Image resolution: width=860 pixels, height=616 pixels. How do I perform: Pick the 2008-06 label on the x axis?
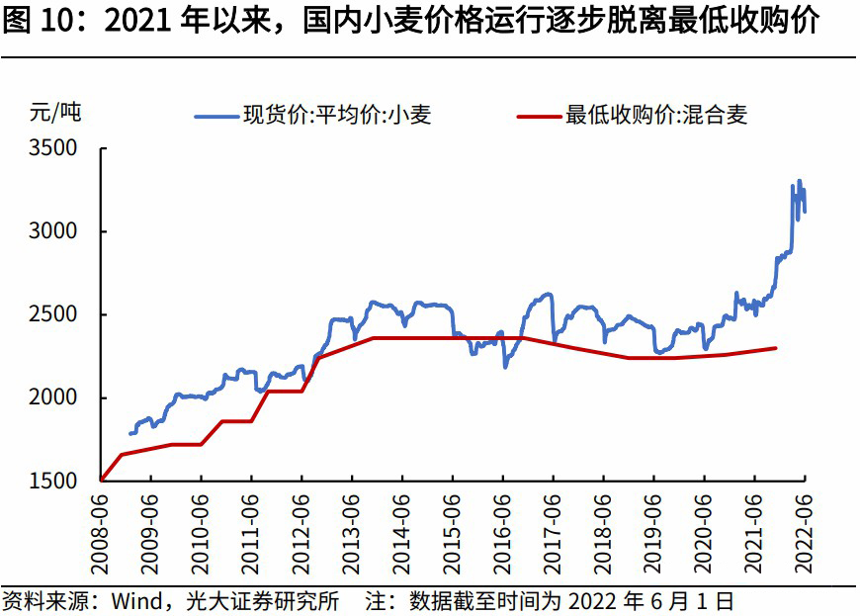pos(101,529)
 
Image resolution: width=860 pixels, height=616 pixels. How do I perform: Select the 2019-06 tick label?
pos(653,529)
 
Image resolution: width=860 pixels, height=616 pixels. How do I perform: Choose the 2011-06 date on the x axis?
pos(251,529)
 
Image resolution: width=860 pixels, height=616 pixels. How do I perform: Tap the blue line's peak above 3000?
pos(799,181)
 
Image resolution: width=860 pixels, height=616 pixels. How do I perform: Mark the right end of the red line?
pos(776,348)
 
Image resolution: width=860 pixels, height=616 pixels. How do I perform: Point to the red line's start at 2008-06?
pos(102,480)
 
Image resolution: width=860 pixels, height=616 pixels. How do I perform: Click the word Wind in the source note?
pos(129,601)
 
